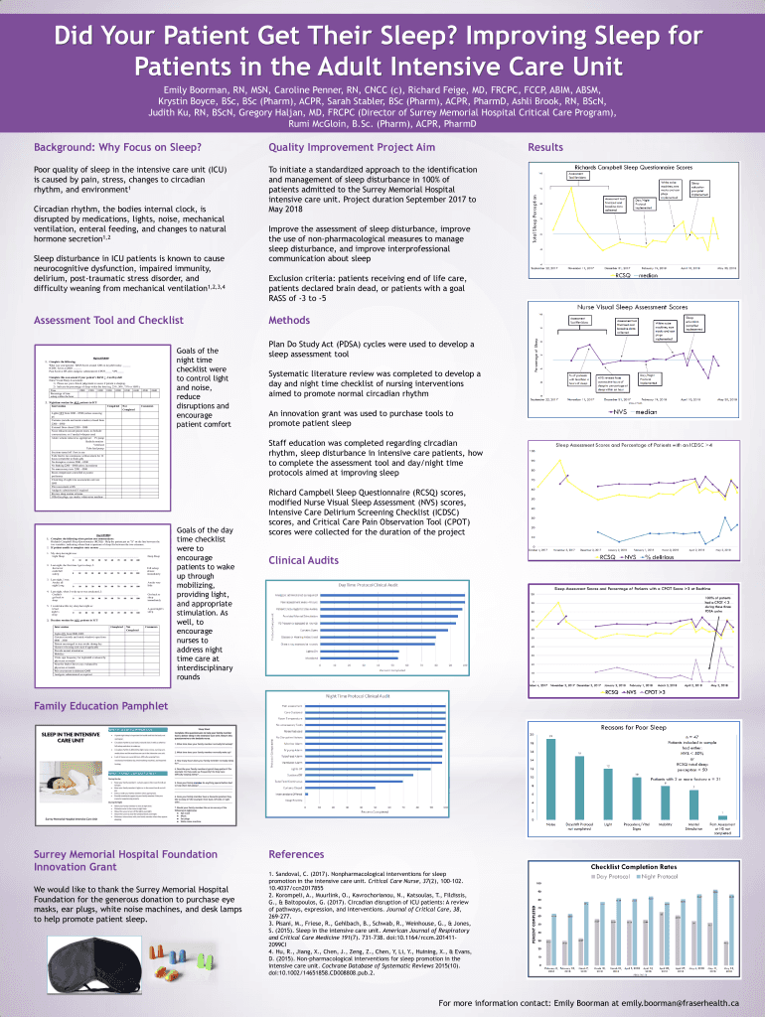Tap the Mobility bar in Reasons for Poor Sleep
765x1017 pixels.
(666, 810)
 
